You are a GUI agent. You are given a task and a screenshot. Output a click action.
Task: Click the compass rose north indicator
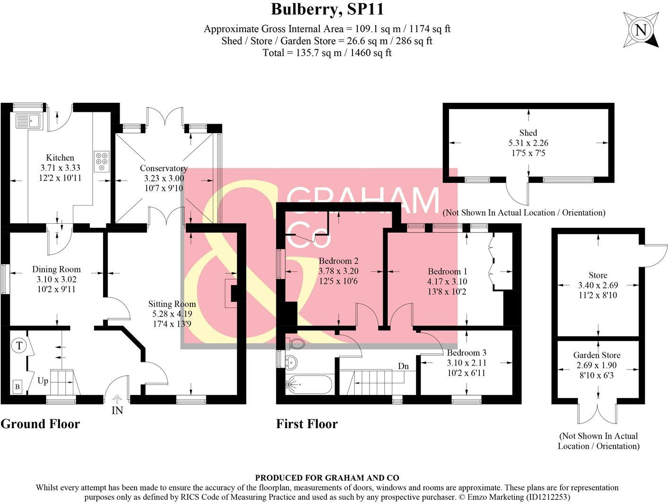[x=641, y=30]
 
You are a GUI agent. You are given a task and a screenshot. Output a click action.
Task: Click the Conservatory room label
[x=164, y=168]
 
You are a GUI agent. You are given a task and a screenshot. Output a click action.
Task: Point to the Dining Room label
[x=56, y=270]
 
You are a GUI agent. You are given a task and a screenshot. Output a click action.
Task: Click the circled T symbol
[x=19, y=345]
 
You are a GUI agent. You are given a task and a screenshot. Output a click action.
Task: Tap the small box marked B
[x=18, y=387]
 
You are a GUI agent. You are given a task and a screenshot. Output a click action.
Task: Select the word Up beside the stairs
[x=43, y=381]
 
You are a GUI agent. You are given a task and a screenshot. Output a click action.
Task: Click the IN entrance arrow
[x=117, y=400]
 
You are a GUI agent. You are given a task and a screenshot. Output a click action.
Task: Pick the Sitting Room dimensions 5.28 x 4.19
[x=172, y=314]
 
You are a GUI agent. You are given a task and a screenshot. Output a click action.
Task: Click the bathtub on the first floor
[x=309, y=384]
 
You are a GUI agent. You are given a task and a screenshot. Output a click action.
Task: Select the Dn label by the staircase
[x=403, y=366]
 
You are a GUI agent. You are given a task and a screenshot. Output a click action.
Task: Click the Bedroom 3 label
[x=467, y=353]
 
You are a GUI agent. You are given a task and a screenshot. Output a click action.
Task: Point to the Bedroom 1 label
[x=447, y=271]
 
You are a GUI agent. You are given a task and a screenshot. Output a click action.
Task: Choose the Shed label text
[x=528, y=133]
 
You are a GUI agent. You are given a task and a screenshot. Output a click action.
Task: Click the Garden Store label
[x=597, y=355]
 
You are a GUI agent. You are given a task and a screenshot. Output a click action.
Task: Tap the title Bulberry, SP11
[x=327, y=9]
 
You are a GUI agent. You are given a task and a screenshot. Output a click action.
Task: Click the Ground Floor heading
[x=40, y=423]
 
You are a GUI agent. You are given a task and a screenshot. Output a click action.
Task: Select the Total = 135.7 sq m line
[x=327, y=53]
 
